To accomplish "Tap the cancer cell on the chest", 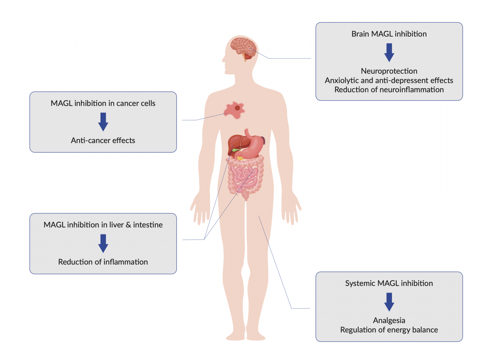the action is (234, 110).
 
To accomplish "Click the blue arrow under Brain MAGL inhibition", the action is (389, 52).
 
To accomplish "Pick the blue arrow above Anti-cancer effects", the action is (103, 122).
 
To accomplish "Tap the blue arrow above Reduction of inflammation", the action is (103, 244).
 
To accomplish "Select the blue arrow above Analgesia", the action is (389, 302).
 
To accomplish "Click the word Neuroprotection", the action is (389, 71).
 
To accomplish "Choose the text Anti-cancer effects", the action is (103, 140).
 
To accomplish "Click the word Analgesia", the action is (389, 320).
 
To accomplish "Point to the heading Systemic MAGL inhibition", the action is (389, 283).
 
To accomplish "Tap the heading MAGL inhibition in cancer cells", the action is (103, 103).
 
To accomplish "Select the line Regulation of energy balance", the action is (389, 330).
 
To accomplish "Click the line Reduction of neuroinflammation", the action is (389, 90).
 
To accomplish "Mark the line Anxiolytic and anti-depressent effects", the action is (389, 80).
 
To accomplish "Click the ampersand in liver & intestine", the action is (128, 225).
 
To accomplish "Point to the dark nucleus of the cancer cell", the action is (237, 108).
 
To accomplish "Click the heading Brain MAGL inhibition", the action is (389, 34).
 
